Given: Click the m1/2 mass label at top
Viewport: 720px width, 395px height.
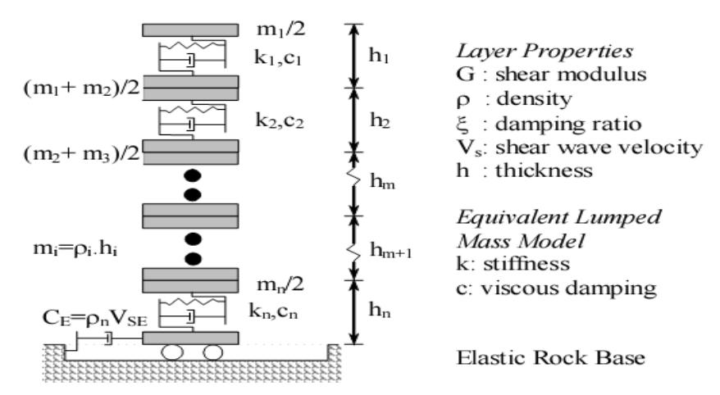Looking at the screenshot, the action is pyautogui.click(x=280, y=30).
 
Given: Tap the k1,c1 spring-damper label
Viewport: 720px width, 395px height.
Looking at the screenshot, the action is pyautogui.click(x=277, y=59).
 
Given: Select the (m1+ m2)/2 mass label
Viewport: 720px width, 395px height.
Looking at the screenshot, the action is pyautogui.click(x=81, y=87).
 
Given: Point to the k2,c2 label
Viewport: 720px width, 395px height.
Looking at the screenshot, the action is pyautogui.click(x=280, y=120).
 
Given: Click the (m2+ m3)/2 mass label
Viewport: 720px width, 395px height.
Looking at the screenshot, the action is pyautogui.click(x=81, y=153).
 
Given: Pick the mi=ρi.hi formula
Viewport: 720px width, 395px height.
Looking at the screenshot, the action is pyautogui.click(x=75, y=249).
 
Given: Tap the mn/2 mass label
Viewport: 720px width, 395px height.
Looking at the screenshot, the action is pyautogui.click(x=280, y=285).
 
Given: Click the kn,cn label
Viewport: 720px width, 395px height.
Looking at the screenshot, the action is pyautogui.click(x=273, y=311).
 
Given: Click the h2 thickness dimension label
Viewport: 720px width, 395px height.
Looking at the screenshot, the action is pyautogui.click(x=381, y=120).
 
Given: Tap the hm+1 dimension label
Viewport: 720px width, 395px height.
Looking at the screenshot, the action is pyautogui.click(x=391, y=251).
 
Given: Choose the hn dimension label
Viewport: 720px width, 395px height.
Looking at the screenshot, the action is pyautogui.click(x=380, y=311).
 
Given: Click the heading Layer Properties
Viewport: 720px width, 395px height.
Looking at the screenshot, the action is pyautogui.click(x=545, y=51).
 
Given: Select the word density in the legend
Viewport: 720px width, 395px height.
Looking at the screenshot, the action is pyautogui.click(x=535, y=98).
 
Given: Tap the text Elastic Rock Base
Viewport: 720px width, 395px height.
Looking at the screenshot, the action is pyautogui.click(x=550, y=357).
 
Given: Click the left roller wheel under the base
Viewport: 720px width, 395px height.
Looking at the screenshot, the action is pyautogui.click(x=172, y=352).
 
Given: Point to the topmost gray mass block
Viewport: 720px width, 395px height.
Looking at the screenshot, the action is pyautogui.click(x=190, y=30).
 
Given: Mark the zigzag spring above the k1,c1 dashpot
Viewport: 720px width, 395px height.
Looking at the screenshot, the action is pyautogui.click(x=192, y=45).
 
